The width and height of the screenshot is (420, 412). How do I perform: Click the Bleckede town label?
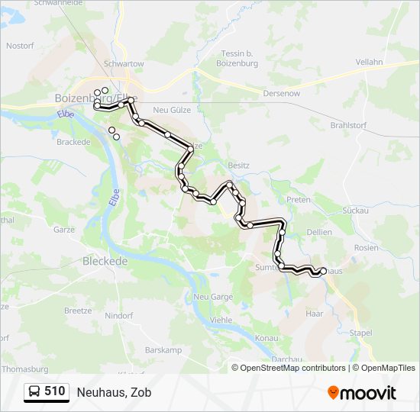[105, 260]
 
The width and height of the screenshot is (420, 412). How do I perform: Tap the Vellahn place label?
[370, 62]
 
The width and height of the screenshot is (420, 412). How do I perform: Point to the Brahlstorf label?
[347, 124]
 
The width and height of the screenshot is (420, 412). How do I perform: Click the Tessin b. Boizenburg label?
[236, 58]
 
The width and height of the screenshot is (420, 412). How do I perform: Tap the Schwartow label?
[124, 65]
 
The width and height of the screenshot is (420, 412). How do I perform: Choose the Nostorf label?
[21, 46]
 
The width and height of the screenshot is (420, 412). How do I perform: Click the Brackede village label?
[74, 142]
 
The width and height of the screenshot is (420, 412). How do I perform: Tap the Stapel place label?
[360, 333]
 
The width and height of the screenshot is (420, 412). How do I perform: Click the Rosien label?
[367, 248]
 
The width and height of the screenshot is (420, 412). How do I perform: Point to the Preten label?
[298, 199]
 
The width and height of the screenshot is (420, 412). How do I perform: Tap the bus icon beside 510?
[35, 392]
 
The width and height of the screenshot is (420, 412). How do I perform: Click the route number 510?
[55, 392]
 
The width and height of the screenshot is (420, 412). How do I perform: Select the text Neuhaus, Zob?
[114, 392]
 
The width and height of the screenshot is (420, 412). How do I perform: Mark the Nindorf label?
[118, 315]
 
